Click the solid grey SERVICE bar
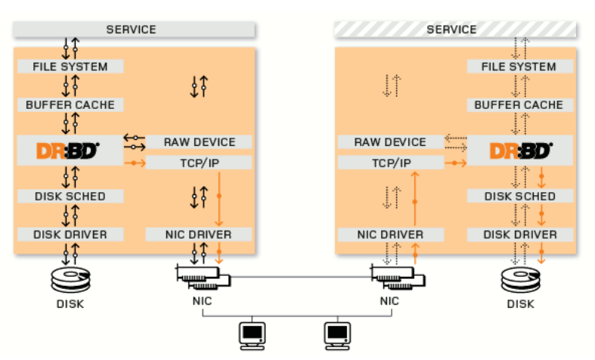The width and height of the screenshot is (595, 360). (x=134, y=29)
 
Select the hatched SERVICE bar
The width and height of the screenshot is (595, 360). (x=455, y=29)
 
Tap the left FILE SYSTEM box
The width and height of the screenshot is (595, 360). (x=70, y=67)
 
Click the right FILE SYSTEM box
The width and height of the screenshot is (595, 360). (x=520, y=67)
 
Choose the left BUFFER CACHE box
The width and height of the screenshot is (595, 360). (x=70, y=105)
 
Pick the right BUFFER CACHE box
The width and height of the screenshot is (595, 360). (x=520, y=105)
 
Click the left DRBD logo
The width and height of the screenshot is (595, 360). (x=68, y=151)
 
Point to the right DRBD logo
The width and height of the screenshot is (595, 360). (x=521, y=151)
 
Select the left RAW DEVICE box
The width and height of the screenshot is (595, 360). (x=199, y=142)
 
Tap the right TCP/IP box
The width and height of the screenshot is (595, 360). (x=391, y=163)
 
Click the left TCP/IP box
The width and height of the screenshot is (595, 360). (x=199, y=163)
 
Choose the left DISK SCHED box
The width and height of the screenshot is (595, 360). (x=70, y=196)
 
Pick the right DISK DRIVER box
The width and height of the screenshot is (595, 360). (x=520, y=234)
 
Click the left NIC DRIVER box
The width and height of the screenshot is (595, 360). (x=199, y=234)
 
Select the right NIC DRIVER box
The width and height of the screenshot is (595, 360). (x=391, y=234)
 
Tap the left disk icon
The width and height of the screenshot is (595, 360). (x=70, y=280)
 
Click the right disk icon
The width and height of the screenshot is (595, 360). (x=521, y=280)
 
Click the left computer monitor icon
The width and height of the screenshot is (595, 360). (x=252, y=336)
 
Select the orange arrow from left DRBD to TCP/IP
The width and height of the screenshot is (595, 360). (x=135, y=163)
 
